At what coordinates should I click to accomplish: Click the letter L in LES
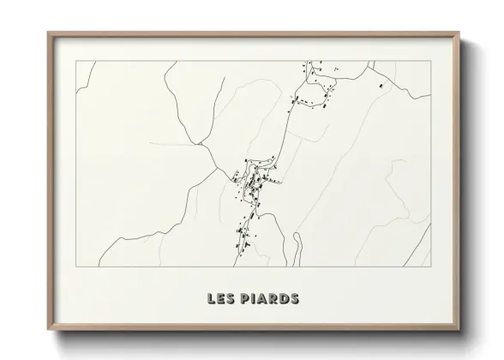click(x=210, y=299)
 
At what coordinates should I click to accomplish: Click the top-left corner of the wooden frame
click(x=49, y=33)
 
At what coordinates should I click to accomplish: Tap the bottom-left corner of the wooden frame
click(x=49, y=329)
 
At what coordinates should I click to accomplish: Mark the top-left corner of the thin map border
click(x=75, y=61)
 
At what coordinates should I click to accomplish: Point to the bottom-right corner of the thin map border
click(x=430, y=267)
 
